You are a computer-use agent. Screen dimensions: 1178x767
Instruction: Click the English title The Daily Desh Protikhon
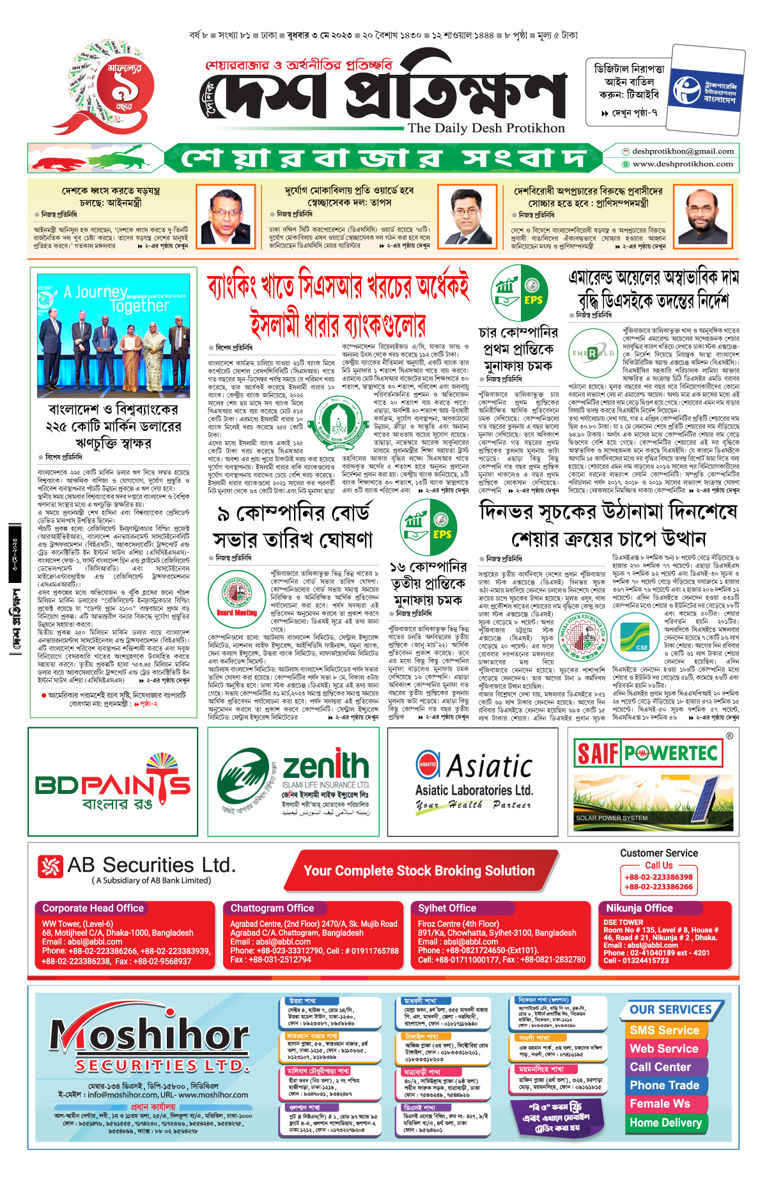(x=486, y=128)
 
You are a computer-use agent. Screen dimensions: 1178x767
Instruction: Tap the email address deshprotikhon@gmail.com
(x=683, y=151)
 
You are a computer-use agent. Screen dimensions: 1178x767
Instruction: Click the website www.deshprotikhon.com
(x=683, y=164)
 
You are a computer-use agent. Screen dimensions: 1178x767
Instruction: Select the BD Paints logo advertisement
(x=113, y=782)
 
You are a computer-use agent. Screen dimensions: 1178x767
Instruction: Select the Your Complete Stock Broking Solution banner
(x=419, y=871)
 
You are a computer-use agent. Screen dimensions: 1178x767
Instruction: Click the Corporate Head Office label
(x=93, y=908)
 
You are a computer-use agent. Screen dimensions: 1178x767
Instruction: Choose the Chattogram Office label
(x=272, y=908)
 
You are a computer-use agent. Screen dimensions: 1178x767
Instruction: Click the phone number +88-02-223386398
(x=658, y=878)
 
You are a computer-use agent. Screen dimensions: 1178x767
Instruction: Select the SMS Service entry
(x=664, y=1030)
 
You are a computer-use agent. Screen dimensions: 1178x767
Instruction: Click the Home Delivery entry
(x=665, y=1123)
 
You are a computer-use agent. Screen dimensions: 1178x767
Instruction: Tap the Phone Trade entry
(x=664, y=1085)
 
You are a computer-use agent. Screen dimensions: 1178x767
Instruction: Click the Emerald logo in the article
(x=593, y=353)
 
